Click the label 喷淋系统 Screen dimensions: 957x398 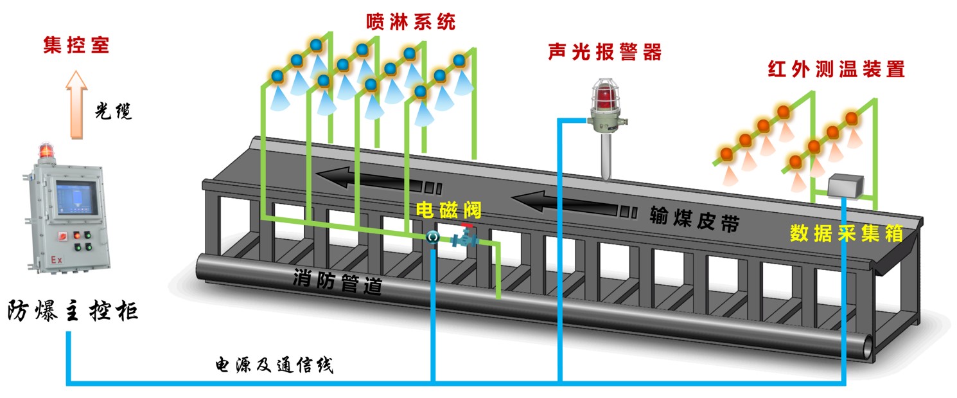[410, 22]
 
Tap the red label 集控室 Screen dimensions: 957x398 [76, 45]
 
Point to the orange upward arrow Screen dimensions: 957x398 [76, 105]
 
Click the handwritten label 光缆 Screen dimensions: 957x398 [113, 111]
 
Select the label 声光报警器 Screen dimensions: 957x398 [604, 51]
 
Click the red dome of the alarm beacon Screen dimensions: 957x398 [605, 96]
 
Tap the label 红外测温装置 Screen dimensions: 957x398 [836, 69]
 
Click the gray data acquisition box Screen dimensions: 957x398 [845, 186]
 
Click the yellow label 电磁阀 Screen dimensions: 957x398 [448, 210]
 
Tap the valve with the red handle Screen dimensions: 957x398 [465, 237]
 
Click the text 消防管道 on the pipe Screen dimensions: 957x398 [337, 281]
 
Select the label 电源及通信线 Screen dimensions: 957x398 [274, 365]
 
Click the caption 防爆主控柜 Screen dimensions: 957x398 [73, 310]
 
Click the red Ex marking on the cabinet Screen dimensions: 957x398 [57, 260]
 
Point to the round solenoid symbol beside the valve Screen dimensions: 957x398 [433, 237]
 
